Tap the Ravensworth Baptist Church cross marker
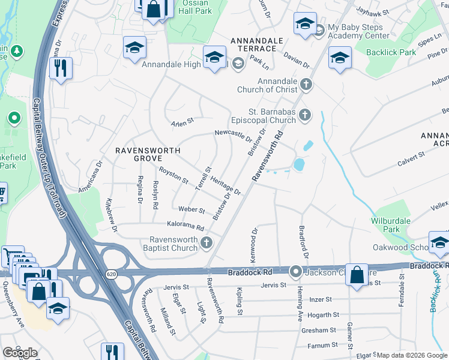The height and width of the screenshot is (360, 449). [x=206, y=243]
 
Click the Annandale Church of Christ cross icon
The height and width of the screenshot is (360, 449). [x=306, y=85]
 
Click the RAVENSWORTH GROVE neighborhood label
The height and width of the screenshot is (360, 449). [x=144, y=154]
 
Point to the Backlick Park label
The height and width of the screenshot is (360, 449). [x=391, y=53]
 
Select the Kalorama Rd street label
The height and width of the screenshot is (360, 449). [x=186, y=228]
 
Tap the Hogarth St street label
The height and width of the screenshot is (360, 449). [x=320, y=315]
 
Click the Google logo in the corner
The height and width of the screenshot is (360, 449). [x=20, y=352]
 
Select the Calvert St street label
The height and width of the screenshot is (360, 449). [x=411, y=158]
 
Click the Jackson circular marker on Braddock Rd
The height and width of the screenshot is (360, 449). [x=295, y=272]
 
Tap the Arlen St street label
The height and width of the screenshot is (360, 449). [x=183, y=121]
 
